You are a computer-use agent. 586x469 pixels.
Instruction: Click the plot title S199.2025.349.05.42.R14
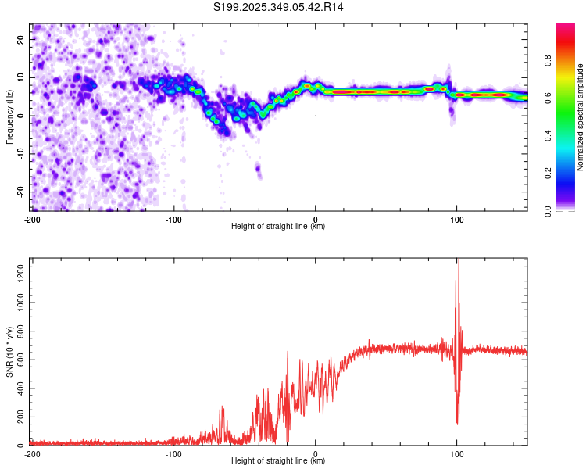pyautogui.click(x=279, y=7)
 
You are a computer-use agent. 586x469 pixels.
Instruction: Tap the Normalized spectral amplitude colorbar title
pyautogui.click(x=581, y=117)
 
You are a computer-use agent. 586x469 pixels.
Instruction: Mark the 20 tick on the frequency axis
pyautogui.click(x=21, y=39)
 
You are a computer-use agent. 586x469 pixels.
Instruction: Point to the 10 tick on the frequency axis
pyautogui.click(x=21, y=77)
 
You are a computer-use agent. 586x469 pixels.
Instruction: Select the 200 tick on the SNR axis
pyautogui.click(x=19, y=416)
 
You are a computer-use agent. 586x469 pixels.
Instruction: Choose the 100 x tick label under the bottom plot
pyautogui.click(x=457, y=453)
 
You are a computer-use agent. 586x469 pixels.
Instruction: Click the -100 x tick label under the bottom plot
pyautogui.click(x=173, y=453)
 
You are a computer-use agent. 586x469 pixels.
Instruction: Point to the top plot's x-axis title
pyautogui.click(x=278, y=227)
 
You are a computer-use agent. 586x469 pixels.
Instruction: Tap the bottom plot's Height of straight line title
pyautogui.click(x=278, y=462)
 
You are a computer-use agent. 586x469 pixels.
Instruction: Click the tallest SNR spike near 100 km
pyautogui.click(x=458, y=261)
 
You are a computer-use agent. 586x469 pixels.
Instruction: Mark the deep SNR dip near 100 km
pyautogui.click(x=457, y=423)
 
